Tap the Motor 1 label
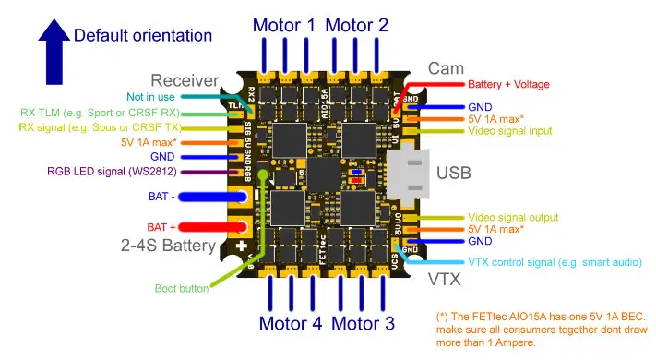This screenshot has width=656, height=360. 285,25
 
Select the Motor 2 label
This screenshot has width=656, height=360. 356,25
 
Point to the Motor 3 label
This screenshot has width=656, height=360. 363,323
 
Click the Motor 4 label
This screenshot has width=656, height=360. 291,323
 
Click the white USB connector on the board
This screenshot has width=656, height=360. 407,173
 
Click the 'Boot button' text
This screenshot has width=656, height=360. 181,288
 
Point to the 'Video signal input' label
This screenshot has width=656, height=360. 510,131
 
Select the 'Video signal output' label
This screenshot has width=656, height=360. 513,217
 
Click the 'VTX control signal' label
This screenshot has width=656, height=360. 554,263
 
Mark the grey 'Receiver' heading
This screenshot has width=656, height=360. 185,80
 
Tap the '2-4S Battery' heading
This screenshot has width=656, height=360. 167,246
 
